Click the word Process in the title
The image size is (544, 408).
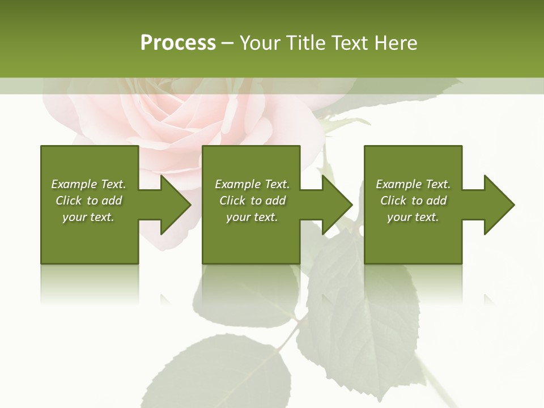point(178,43)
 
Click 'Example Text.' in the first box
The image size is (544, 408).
point(88,184)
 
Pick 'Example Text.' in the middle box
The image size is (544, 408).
point(252,184)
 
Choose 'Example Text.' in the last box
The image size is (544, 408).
point(413,184)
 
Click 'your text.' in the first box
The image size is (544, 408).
point(88,217)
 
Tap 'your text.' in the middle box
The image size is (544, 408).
point(252,217)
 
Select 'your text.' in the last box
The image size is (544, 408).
point(413,217)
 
